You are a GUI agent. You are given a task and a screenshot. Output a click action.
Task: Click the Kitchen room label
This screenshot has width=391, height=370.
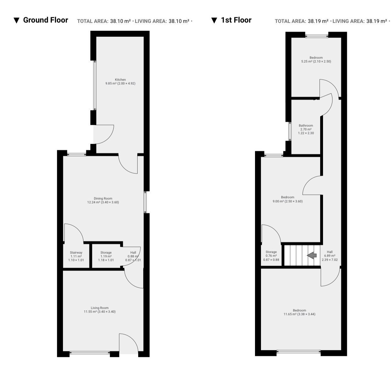pyautogui.click(x=120, y=80)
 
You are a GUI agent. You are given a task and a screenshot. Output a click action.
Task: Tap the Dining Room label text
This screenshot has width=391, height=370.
pyautogui.click(x=103, y=198)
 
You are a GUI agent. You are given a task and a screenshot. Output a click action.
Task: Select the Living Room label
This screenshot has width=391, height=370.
pyautogui.click(x=100, y=308)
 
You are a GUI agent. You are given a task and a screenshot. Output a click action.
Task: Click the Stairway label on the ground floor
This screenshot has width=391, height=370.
pyautogui.click(x=76, y=253)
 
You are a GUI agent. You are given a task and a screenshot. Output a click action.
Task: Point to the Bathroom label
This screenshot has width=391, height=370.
pyautogui.click(x=306, y=125)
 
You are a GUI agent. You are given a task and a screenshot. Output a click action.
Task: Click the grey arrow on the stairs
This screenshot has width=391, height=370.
pyautogui.click(x=312, y=255)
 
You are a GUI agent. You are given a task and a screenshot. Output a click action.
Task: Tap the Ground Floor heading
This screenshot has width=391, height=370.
pyautogui.click(x=46, y=20)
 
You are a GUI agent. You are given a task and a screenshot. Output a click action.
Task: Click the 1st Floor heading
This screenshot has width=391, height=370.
pyautogui.click(x=236, y=20)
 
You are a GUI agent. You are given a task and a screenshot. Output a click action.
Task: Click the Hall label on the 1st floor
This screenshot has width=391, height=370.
pyautogui.click(x=330, y=252)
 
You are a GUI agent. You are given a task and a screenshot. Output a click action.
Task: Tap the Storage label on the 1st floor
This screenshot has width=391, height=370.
pyautogui.click(x=271, y=252)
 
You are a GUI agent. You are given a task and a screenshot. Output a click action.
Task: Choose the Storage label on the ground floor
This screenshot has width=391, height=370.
pyautogui.click(x=106, y=253)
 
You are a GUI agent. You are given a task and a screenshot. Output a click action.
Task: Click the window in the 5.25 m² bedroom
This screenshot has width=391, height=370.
pyautogui.click(x=317, y=36)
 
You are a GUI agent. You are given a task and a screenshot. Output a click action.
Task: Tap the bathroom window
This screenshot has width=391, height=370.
pyautogui.click(x=290, y=131)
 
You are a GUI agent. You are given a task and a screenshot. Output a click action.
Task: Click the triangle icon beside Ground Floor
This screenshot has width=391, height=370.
pyautogui.click(x=16, y=20)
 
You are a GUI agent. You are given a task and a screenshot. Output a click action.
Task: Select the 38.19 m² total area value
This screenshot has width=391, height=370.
pyautogui.click(x=318, y=21)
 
